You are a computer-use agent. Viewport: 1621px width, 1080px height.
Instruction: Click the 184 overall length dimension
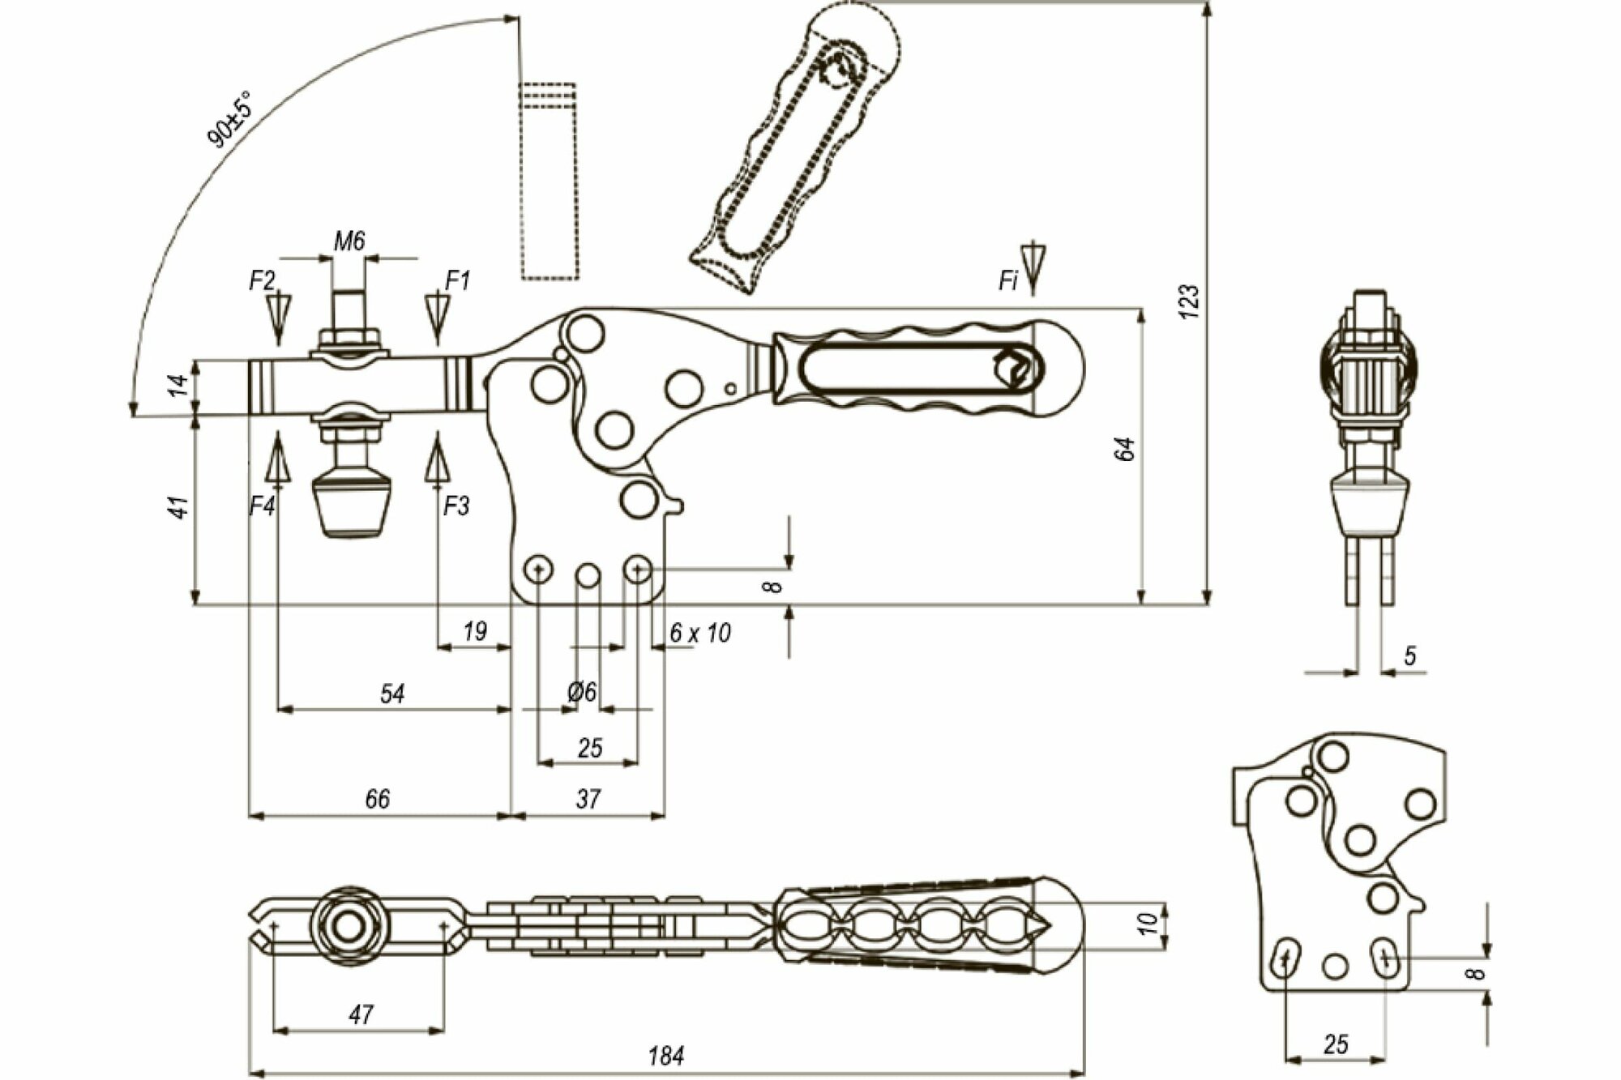pyautogui.click(x=665, y=1056)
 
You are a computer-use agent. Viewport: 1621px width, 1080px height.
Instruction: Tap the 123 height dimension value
pyautogui.click(x=1189, y=301)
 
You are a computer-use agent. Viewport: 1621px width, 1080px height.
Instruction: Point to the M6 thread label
pyautogui.click(x=349, y=241)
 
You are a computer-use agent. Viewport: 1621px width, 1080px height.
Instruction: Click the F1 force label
pyautogui.click(x=458, y=281)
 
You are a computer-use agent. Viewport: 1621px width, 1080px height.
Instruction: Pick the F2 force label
pyautogui.click(x=262, y=281)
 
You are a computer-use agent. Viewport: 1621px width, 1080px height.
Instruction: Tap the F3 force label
pyautogui.click(x=456, y=506)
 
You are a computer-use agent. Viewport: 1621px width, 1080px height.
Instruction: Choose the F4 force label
pyautogui.click(x=263, y=506)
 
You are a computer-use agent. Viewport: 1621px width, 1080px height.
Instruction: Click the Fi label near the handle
pyautogui.click(x=1007, y=281)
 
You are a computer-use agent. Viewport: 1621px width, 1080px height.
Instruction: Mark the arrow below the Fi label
pyautogui.click(x=1033, y=267)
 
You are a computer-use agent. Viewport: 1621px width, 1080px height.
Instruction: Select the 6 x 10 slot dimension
pyautogui.click(x=700, y=633)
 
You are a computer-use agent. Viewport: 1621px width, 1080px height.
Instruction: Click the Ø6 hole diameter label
pyautogui.click(x=582, y=692)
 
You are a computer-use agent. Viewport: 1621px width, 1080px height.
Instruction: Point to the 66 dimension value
pyautogui.click(x=377, y=799)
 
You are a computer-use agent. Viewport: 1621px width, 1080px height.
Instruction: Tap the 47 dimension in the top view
pyautogui.click(x=361, y=1014)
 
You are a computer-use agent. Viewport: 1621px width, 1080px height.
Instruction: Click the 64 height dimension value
pyautogui.click(x=1125, y=450)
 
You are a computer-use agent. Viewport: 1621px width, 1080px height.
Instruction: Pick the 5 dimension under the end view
pyautogui.click(x=1410, y=655)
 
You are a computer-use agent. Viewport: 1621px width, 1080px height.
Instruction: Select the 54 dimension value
pyautogui.click(x=392, y=694)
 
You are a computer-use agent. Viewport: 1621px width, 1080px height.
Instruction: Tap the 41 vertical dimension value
pyautogui.click(x=180, y=507)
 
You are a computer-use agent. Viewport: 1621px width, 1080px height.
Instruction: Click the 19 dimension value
pyautogui.click(x=475, y=630)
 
